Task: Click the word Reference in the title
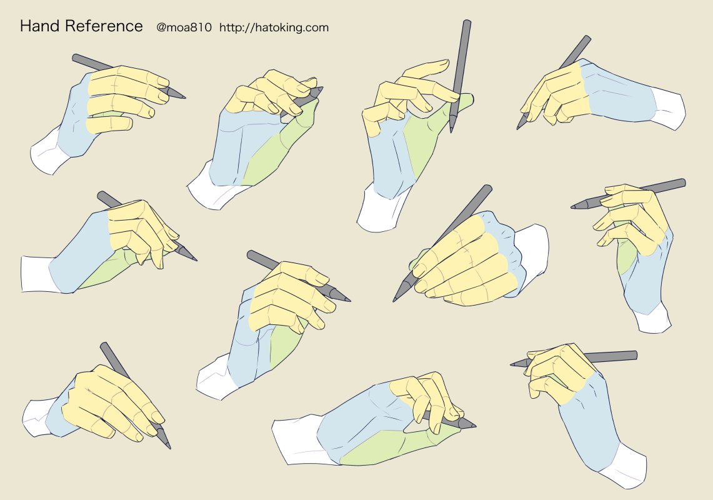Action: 104,26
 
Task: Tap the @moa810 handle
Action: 184,27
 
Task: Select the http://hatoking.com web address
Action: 274,27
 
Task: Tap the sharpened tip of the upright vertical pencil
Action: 451,132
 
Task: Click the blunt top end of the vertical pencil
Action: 467,21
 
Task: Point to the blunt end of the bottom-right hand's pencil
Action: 636,355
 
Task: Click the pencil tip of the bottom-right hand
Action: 512,364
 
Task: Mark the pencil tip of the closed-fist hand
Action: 394,300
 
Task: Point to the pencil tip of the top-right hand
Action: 518,128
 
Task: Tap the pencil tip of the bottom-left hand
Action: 169,447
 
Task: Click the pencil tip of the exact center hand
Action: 349,301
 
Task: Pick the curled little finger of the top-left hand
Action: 109,124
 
